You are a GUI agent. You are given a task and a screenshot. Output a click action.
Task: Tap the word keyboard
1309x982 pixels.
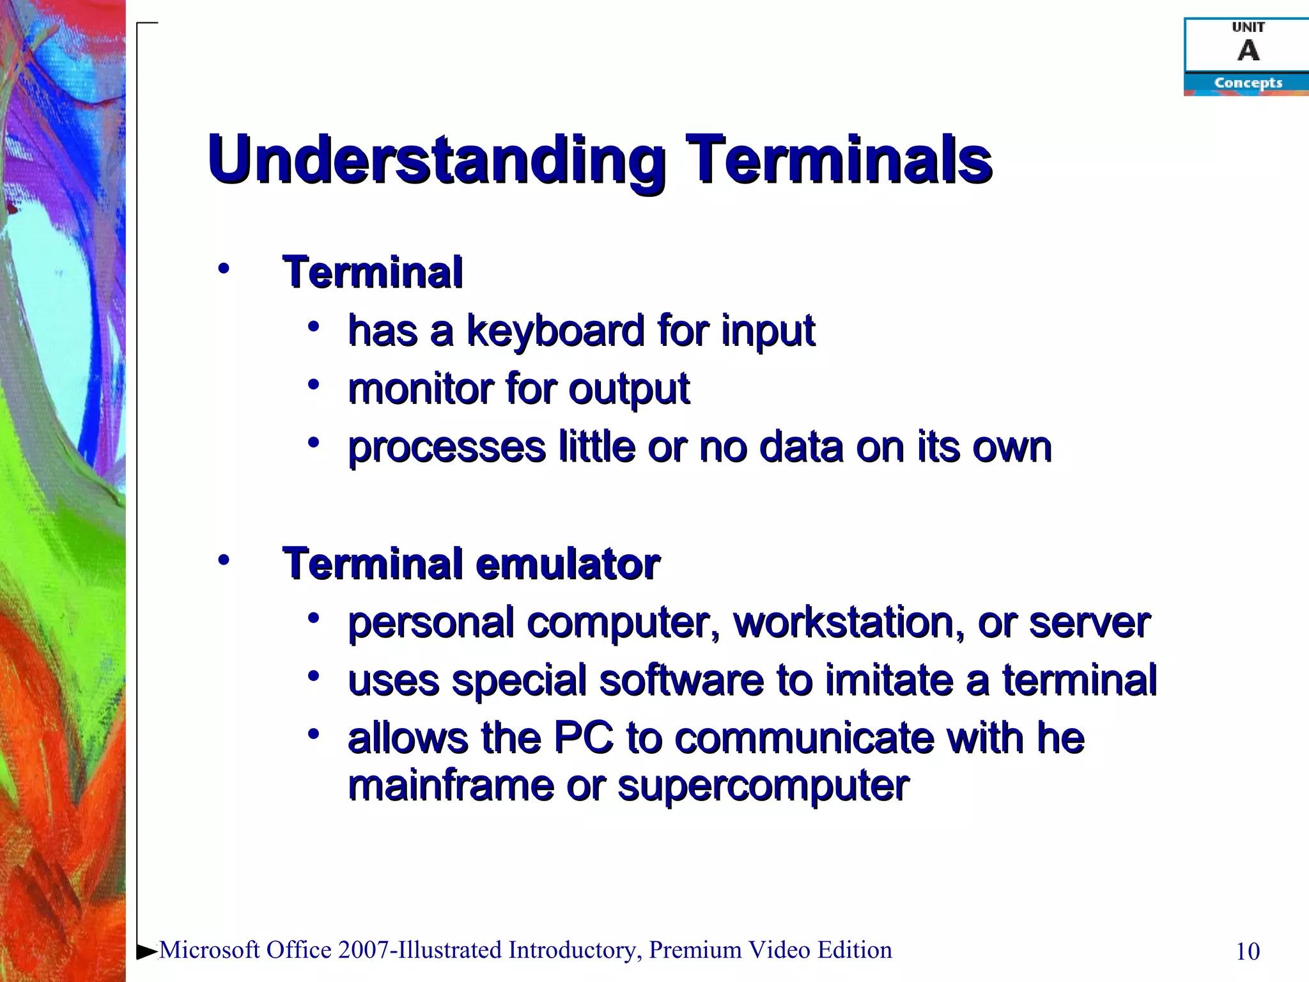click(555, 331)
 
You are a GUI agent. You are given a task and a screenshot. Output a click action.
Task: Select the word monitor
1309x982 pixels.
click(420, 389)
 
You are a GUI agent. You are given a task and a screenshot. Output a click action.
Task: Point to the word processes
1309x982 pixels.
click(446, 447)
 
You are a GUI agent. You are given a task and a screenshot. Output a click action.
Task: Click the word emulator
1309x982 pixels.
click(568, 564)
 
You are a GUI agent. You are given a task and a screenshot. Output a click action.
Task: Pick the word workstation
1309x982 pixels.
click(849, 623)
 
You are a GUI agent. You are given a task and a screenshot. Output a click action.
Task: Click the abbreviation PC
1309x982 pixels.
click(583, 738)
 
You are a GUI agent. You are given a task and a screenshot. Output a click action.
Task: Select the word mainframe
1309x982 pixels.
click(451, 786)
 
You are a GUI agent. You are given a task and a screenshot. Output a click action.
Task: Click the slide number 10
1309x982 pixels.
click(1248, 951)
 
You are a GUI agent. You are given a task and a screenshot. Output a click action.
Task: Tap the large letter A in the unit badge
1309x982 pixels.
click(1248, 50)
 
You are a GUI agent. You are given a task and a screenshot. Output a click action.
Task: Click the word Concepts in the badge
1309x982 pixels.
click(1248, 83)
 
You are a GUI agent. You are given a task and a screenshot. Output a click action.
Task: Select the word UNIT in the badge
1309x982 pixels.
click(1248, 27)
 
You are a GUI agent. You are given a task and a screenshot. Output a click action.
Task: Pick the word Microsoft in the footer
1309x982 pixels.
click(210, 950)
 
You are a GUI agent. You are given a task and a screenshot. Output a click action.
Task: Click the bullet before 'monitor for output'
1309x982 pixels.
click(313, 385)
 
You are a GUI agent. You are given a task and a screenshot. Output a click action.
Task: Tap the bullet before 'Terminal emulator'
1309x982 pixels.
click(223, 561)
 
